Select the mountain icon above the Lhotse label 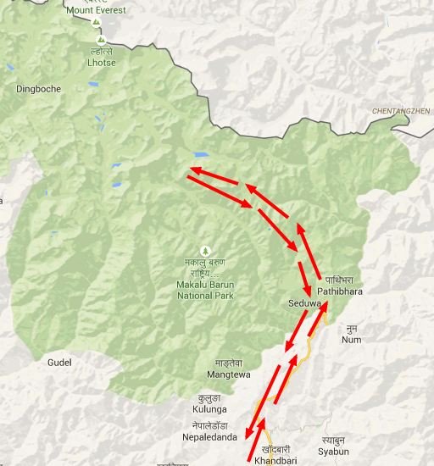[x=101, y=39]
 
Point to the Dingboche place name [x=39, y=88]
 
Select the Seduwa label [x=305, y=302]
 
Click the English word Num [x=351, y=340]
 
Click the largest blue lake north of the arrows [x=201, y=155]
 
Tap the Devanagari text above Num [x=351, y=328]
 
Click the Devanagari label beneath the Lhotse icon [x=101, y=51]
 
